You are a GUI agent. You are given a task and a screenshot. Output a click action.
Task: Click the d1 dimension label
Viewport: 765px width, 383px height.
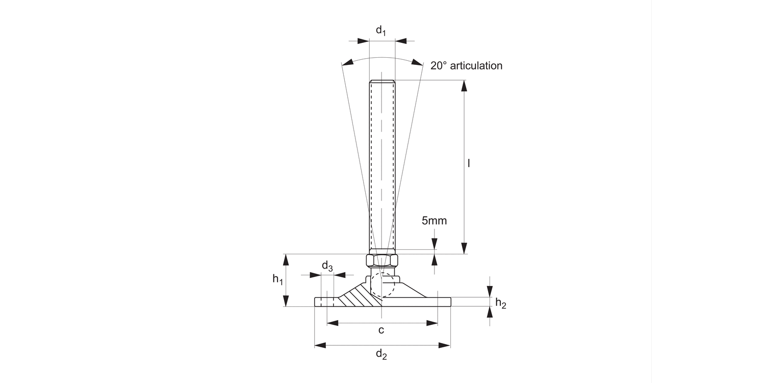click(x=381, y=31)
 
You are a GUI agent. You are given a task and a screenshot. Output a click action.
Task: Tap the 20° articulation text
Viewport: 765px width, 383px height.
click(x=466, y=65)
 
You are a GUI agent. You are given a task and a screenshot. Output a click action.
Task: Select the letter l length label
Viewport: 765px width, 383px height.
click(x=469, y=163)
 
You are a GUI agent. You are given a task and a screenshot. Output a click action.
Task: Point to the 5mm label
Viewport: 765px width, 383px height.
click(x=434, y=221)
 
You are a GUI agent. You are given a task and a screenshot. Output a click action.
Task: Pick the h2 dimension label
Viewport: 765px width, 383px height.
click(x=501, y=304)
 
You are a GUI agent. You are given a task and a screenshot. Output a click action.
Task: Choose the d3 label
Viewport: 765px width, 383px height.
click(x=327, y=266)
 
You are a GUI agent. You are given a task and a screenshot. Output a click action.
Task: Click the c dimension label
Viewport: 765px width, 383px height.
click(x=381, y=330)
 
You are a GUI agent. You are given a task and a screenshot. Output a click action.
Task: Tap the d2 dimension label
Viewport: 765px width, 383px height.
click(x=381, y=354)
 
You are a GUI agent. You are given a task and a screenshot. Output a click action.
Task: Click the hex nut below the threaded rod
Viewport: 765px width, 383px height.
click(x=382, y=260)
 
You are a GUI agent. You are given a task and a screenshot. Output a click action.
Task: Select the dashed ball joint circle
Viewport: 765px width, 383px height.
click(x=382, y=286)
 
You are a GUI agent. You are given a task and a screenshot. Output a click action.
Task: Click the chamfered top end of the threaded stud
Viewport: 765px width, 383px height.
click(x=382, y=81)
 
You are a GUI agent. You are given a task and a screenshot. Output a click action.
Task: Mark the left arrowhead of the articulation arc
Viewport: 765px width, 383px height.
click(x=347, y=63)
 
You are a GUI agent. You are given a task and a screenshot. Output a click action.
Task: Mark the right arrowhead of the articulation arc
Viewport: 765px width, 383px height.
click(x=417, y=63)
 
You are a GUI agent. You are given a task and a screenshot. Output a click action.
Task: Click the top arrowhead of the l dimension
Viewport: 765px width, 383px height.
click(x=464, y=86)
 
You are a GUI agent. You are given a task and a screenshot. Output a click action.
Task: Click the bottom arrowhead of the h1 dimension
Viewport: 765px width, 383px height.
click(x=286, y=301)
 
